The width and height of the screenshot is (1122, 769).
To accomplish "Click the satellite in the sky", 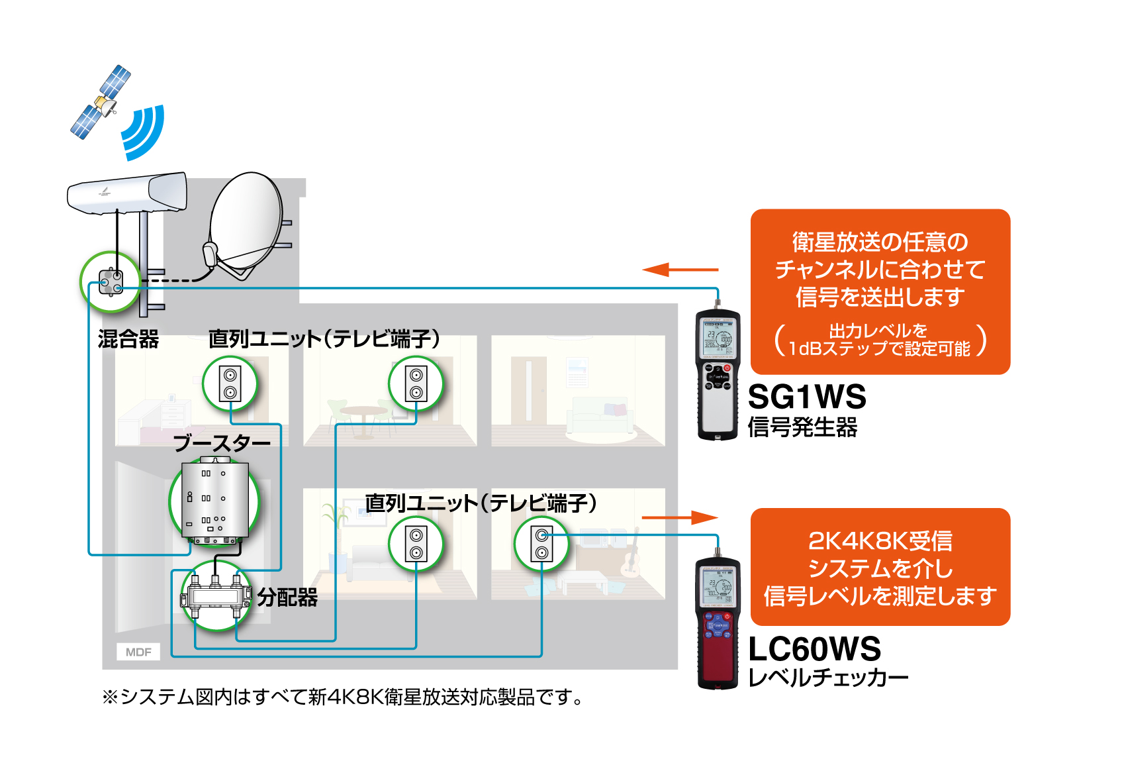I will (x=101, y=102).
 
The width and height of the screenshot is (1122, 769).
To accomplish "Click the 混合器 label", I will (x=128, y=339).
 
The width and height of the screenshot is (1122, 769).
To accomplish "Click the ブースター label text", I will (x=222, y=443).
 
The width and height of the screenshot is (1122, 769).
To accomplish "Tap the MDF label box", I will (x=138, y=652).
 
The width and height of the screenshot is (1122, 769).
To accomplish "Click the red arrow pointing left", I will (x=679, y=270).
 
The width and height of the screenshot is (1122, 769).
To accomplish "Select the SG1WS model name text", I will (x=806, y=397).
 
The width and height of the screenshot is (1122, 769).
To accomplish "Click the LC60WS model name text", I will (x=814, y=649).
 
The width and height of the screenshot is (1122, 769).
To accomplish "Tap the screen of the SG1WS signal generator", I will (x=718, y=338).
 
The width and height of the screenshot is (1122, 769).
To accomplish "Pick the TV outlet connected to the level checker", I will (x=541, y=544).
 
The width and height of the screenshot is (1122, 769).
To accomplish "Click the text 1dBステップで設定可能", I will (x=879, y=348).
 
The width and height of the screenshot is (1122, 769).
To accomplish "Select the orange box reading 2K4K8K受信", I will (x=880, y=567).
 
